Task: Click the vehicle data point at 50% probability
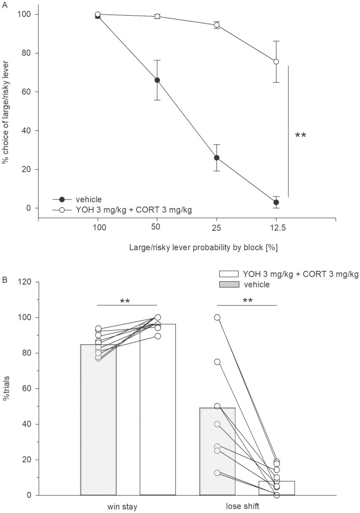point(157,80)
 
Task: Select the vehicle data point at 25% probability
point(216,158)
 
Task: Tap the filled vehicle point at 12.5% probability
point(276,202)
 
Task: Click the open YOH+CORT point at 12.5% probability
point(276,62)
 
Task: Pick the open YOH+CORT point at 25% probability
point(216,25)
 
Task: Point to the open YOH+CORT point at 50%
point(157,16)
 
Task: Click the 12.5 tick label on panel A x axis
point(276,228)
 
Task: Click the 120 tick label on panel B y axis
point(25,282)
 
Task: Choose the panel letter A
point(4,3)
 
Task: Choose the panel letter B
point(4,279)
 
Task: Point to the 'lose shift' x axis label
point(246,507)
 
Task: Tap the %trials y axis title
point(7,388)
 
